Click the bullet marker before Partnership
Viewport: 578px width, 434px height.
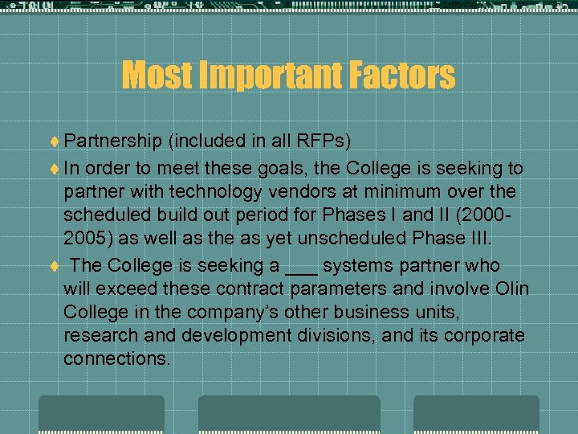pos(54,141)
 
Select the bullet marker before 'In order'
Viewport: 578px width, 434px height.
pos(54,169)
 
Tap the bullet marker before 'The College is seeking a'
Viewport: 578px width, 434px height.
pos(54,266)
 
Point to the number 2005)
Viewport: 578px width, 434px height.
pos(88,239)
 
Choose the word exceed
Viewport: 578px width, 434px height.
pos(134,289)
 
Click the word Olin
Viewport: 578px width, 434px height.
pos(511,289)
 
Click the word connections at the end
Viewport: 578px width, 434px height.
pos(117,358)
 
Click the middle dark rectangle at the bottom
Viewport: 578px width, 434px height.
pos(289,414)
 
